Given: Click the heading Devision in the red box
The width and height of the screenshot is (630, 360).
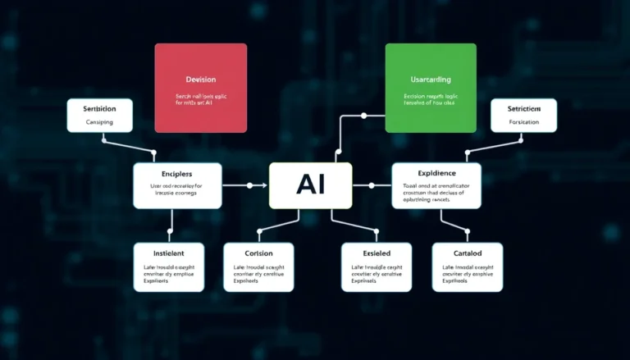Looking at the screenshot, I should pyautogui.click(x=201, y=80).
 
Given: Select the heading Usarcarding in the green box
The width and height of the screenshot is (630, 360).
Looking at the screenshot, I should pyautogui.click(x=431, y=80).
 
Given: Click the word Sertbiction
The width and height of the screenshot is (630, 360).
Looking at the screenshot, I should pyautogui.click(x=99, y=108).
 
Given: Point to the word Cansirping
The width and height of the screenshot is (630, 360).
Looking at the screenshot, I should pyautogui.click(x=99, y=122).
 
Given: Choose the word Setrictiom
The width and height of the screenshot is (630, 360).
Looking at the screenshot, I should pyautogui.click(x=523, y=108).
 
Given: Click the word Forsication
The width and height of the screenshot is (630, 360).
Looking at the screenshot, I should pyautogui.click(x=523, y=122).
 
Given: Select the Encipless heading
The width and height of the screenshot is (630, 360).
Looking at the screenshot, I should pyautogui.click(x=177, y=175).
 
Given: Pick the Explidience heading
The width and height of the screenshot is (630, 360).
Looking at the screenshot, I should pyautogui.click(x=436, y=175).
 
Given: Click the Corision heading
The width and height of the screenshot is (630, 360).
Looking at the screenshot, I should pyautogui.click(x=258, y=253).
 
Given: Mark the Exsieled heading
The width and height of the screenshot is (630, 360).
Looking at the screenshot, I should pyautogui.click(x=376, y=253).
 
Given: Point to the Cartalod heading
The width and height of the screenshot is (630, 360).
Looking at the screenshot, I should pyautogui.click(x=467, y=253).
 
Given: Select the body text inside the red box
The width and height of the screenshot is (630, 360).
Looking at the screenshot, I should pyautogui.click(x=201, y=101).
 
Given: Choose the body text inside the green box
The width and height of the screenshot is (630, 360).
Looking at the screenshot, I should pyautogui.click(x=431, y=101).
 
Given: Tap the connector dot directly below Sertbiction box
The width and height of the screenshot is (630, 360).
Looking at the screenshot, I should pyautogui.click(x=103, y=139).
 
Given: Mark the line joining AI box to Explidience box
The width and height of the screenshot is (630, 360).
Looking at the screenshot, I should pyautogui.click(x=372, y=185).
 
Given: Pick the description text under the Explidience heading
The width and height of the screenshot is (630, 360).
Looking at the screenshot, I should pyautogui.click(x=436, y=192).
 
